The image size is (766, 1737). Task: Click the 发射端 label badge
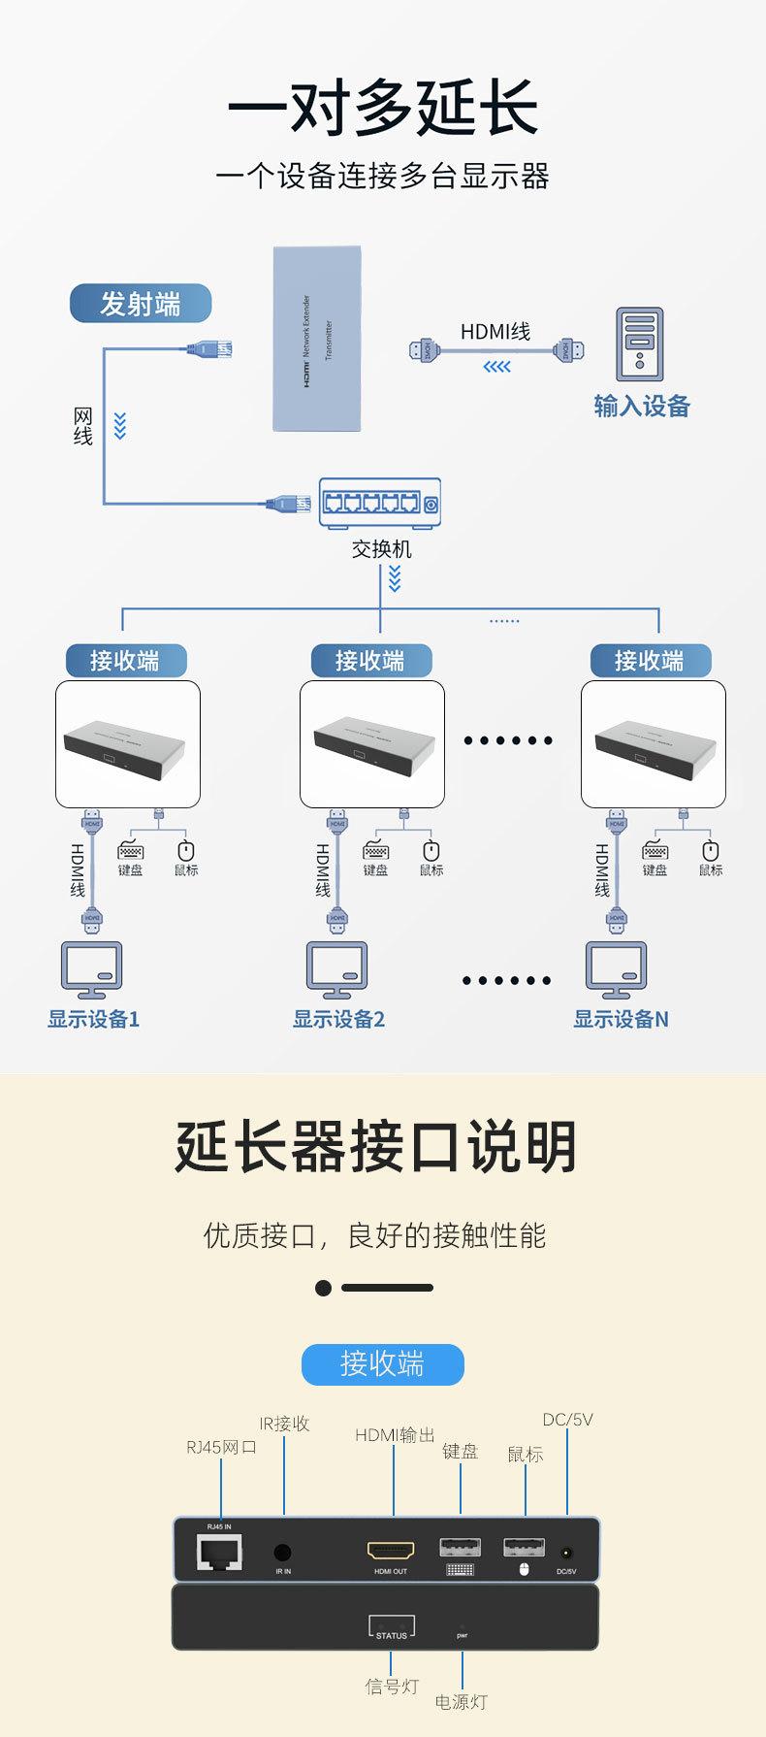point(141,304)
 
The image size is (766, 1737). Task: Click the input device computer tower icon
point(640,344)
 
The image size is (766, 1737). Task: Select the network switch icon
point(380,502)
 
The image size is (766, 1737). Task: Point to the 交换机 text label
point(381,549)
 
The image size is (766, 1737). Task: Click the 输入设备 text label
point(641,407)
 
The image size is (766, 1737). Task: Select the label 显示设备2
point(338,1019)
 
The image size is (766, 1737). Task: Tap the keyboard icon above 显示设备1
point(130,851)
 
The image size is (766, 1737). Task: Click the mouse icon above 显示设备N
point(711,851)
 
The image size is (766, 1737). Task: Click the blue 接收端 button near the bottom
point(383,1364)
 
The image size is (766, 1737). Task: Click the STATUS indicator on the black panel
point(392,1627)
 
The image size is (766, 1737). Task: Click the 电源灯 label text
point(461,1702)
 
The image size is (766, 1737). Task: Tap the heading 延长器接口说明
point(376,1147)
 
